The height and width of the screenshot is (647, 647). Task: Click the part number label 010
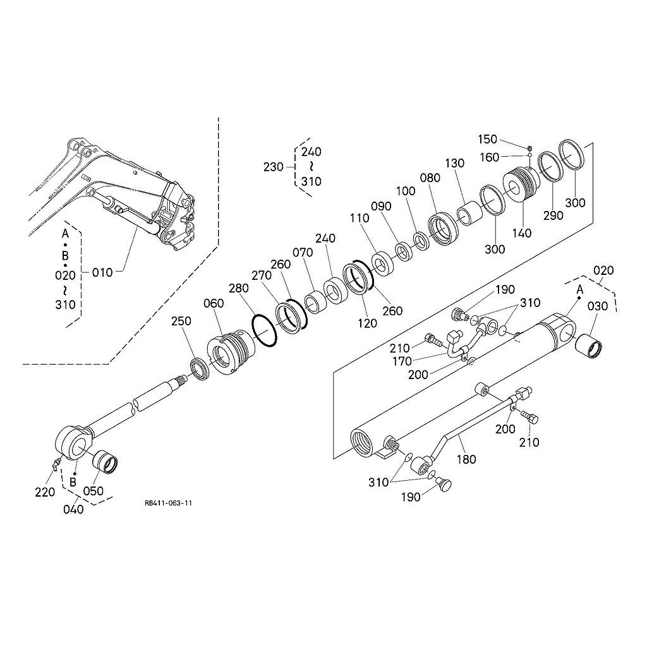click(x=102, y=272)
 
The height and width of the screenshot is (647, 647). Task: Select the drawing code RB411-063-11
click(x=168, y=503)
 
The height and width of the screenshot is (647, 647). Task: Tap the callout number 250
click(x=181, y=322)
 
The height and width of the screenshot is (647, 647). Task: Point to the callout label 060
click(x=214, y=303)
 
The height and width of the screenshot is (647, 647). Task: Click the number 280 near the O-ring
click(x=239, y=289)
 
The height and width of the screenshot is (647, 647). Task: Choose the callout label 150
click(x=487, y=140)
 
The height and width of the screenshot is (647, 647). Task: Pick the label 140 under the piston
click(x=522, y=233)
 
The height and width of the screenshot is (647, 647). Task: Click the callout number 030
click(x=597, y=306)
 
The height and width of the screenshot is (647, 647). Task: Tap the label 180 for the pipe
click(x=466, y=459)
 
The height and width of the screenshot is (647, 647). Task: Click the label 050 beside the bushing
click(x=94, y=491)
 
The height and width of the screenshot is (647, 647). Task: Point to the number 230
click(x=274, y=167)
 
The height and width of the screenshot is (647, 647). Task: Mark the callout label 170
click(x=402, y=361)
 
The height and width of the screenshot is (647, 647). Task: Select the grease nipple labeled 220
click(x=55, y=465)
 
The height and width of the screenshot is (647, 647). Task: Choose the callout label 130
click(x=454, y=164)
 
